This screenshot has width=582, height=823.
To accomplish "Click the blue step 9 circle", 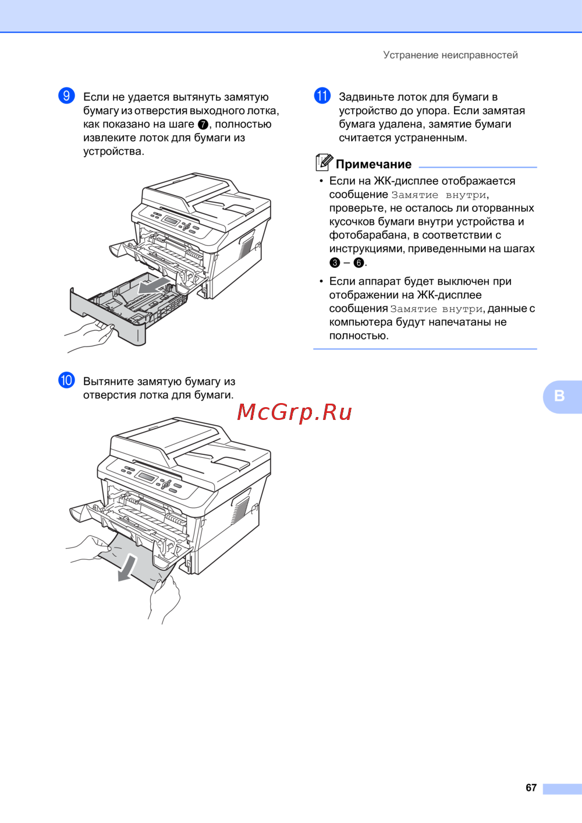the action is coord(66,96).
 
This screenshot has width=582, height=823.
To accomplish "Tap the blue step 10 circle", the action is coord(66,380).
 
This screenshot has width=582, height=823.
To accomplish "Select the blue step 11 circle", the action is coord(322,96).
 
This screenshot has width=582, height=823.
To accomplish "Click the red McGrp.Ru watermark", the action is coord(294,412).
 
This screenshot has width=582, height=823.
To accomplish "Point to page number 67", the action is coord(531,787).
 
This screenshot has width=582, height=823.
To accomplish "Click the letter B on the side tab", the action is coord(559,395).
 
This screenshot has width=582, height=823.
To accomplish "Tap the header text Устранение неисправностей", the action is coord(450,55).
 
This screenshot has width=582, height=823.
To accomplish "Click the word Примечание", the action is coord(374,164).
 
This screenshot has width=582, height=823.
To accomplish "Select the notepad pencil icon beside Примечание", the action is coord(324,163).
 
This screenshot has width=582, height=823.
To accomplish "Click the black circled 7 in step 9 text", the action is coord(203,125).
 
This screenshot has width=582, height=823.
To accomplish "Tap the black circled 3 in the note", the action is coord(335,263).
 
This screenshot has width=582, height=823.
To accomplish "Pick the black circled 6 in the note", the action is coord(359,263).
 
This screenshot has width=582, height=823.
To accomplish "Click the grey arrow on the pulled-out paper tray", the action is coord(154,286).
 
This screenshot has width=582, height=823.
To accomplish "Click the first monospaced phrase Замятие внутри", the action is coord(439,195).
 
